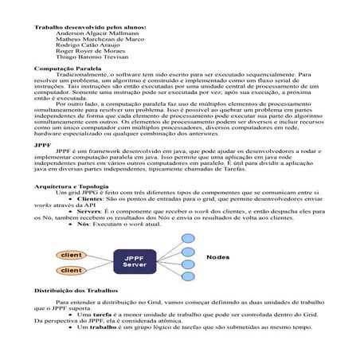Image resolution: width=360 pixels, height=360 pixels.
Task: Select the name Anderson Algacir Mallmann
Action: [92, 34]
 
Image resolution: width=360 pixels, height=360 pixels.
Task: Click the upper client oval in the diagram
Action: [71, 256]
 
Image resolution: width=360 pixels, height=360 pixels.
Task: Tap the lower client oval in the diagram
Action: [71, 271]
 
